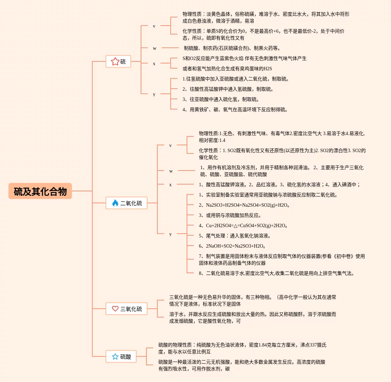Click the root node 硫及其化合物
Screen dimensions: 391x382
tap(40, 191)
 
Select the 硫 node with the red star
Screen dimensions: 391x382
tap(119, 61)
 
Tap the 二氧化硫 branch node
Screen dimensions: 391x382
tap(126, 203)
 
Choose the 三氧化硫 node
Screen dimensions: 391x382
tap(126, 309)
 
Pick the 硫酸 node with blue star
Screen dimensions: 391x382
tap(121, 356)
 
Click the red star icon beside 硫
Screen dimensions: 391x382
tap(115, 61)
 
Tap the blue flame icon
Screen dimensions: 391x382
tap(115, 203)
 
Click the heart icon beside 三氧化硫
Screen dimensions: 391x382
tap(115, 309)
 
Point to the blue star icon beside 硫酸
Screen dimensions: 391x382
tap(115, 356)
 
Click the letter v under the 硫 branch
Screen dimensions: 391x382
tap(154, 26)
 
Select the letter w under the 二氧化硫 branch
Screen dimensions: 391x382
tap(171, 171)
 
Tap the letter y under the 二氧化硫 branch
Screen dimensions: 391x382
tap(170, 234)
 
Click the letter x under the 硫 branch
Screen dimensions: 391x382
tap(154, 63)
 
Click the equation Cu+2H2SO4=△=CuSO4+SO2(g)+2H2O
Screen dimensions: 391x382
tap(244, 225)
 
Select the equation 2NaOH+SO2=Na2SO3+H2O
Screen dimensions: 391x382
tap(232, 246)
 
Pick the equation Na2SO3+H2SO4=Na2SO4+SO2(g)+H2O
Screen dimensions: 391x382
tap(244, 205)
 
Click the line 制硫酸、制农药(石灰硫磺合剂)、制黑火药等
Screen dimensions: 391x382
tap(232, 48)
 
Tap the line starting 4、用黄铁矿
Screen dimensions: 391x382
tap(235, 109)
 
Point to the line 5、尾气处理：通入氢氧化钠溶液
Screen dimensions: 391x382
tap(235, 236)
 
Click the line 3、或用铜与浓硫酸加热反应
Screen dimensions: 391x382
tap(230, 215)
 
